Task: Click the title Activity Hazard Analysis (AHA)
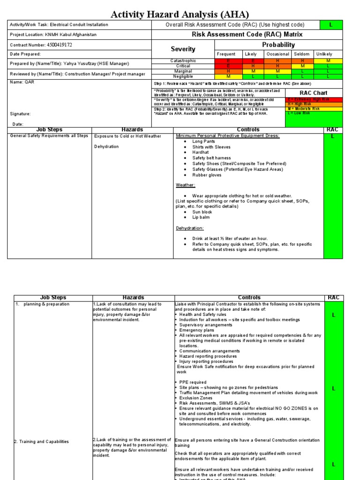click(x=180, y=15)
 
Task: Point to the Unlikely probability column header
click(x=324, y=54)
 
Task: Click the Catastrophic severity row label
click(x=183, y=61)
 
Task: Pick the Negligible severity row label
click(x=183, y=76)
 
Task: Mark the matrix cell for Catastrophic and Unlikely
click(x=328, y=61)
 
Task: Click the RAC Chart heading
click(x=314, y=93)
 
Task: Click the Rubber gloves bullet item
click(x=207, y=175)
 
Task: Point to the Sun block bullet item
click(x=202, y=212)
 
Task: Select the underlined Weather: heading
click(x=185, y=185)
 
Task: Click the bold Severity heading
click(x=183, y=49)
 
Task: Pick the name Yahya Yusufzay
click(x=77, y=63)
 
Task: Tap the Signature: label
click(x=20, y=114)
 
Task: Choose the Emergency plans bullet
click(x=196, y=330)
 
